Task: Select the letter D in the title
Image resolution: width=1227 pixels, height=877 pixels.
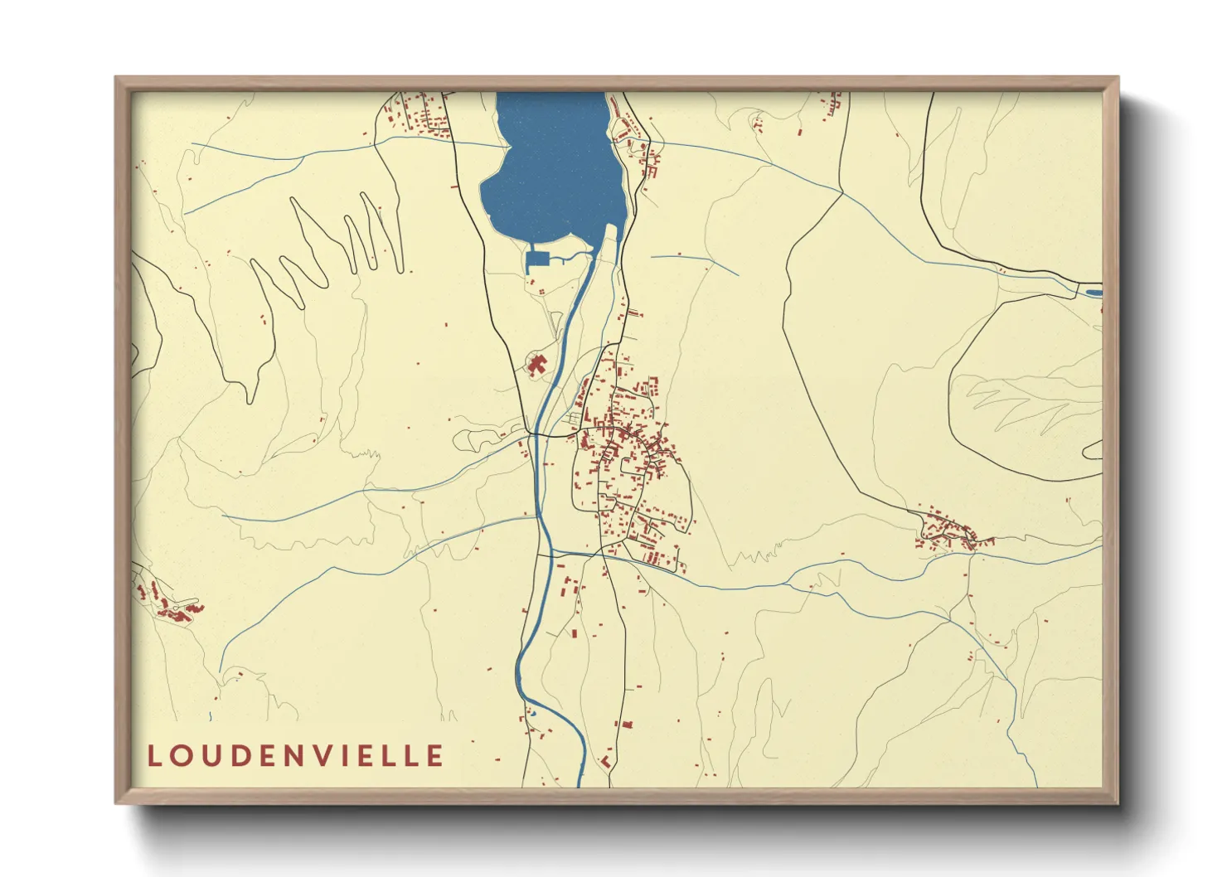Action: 241,756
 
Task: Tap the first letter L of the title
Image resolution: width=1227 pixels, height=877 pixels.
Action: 154,756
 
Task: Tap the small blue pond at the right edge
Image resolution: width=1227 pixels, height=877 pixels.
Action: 1093,292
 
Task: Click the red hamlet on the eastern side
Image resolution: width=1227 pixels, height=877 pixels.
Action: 949,532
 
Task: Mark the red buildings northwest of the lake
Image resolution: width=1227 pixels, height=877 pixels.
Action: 419,116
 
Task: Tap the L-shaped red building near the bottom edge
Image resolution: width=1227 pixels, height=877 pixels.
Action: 606,760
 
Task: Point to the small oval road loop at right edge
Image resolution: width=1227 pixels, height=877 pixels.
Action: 1094,450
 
